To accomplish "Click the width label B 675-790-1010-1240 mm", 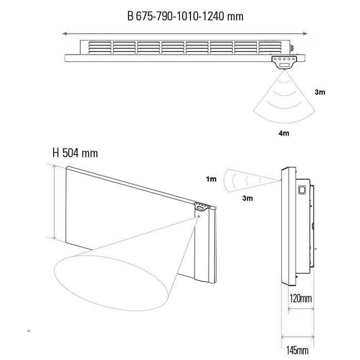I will coord(185,16).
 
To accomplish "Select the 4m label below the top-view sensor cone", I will coord(284,133).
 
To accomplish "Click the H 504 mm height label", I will coord(74,153).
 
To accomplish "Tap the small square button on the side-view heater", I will coord(302,189).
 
